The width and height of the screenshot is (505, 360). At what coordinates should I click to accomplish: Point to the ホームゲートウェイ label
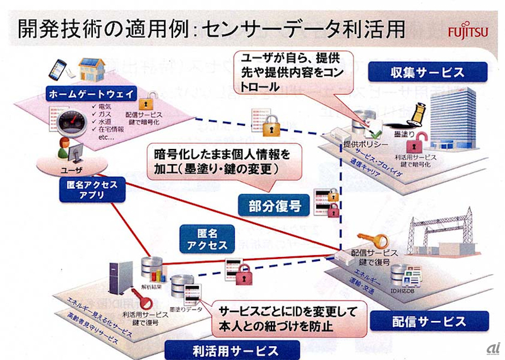coord(92,94)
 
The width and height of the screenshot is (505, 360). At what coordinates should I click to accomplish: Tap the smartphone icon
coord(58,67)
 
